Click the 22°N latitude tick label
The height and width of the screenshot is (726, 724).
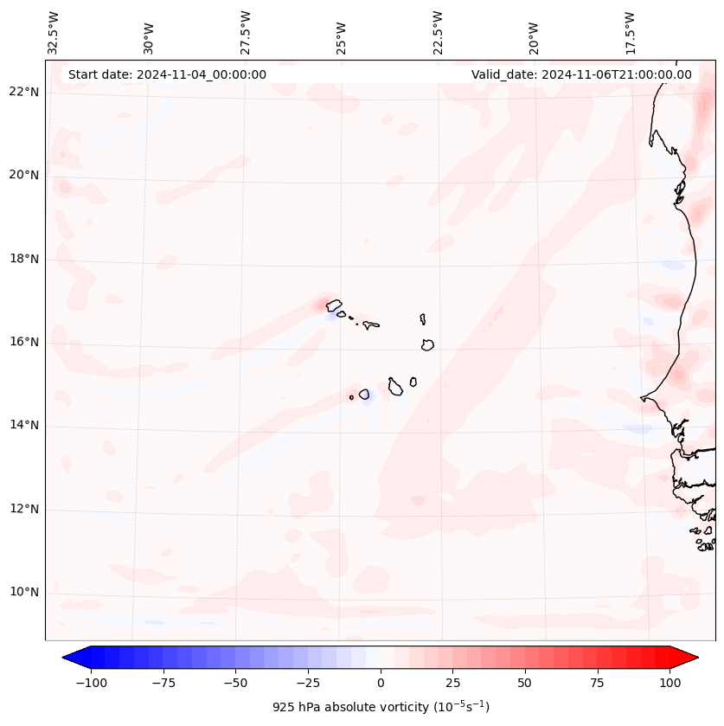(x=24, y=92)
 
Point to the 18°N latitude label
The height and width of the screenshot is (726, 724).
(x=24, y=259)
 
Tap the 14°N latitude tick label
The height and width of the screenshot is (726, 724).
(x=24, y=426)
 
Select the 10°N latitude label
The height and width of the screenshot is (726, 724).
(x=24, y=593)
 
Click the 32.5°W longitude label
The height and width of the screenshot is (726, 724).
(x=54, y=32)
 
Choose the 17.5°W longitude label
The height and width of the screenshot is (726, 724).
(x=630, y=32)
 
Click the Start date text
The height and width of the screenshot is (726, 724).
(x=167, y=74)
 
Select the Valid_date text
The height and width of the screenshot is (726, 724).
(x=581, y=74)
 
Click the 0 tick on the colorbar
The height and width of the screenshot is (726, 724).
(x=381, y=683)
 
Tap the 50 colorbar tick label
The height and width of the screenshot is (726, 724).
(x=525, y=683)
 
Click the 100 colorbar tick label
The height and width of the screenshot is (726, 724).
(x=670, y=683)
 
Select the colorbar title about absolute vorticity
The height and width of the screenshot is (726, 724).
(x=381, y=707)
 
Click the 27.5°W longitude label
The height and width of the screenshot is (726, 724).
(x=246, y=32)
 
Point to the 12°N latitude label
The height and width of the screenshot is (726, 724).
(x=24, y=510)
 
